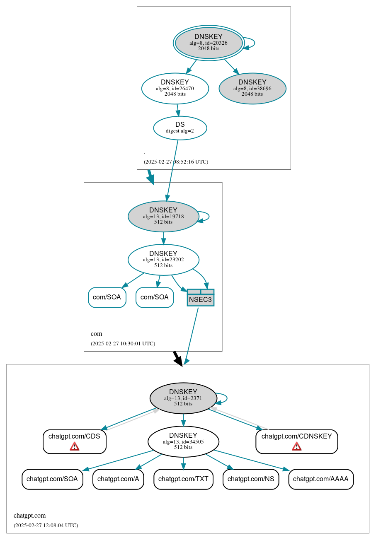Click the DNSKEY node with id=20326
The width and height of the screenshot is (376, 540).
tap(209, 43)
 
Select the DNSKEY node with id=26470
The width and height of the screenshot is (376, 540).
tap(175, 88)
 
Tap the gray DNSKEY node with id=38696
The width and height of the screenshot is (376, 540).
tap(252, 88)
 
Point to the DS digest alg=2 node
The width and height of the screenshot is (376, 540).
tap(180, 128)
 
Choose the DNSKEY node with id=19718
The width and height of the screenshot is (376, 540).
tap(163, 216)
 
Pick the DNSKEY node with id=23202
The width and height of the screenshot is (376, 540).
tap(163, 260)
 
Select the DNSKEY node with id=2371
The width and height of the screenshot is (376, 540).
tap(183, 398)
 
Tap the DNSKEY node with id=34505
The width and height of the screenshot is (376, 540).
tap(183, 441)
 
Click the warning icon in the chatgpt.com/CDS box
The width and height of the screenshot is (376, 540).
tap(75, 446)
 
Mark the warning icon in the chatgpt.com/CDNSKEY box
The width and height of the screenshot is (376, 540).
tap(296, 446)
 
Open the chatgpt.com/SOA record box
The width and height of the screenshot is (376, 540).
tap(52, 479)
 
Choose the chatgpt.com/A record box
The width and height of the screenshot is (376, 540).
tap(118, 479)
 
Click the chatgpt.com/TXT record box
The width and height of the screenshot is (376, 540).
tap(183, 479)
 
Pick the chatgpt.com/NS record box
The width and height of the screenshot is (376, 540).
tap(251, 479)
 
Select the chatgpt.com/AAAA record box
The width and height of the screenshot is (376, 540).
tap(321, 479)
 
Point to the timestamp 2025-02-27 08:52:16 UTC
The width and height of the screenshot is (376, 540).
tap(176, 162)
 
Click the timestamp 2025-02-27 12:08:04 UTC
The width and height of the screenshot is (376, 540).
tap(46, 525)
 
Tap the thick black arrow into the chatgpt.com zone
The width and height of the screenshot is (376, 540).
tap(177, 358)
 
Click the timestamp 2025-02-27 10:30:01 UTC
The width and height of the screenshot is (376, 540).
tap(123, 343)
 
